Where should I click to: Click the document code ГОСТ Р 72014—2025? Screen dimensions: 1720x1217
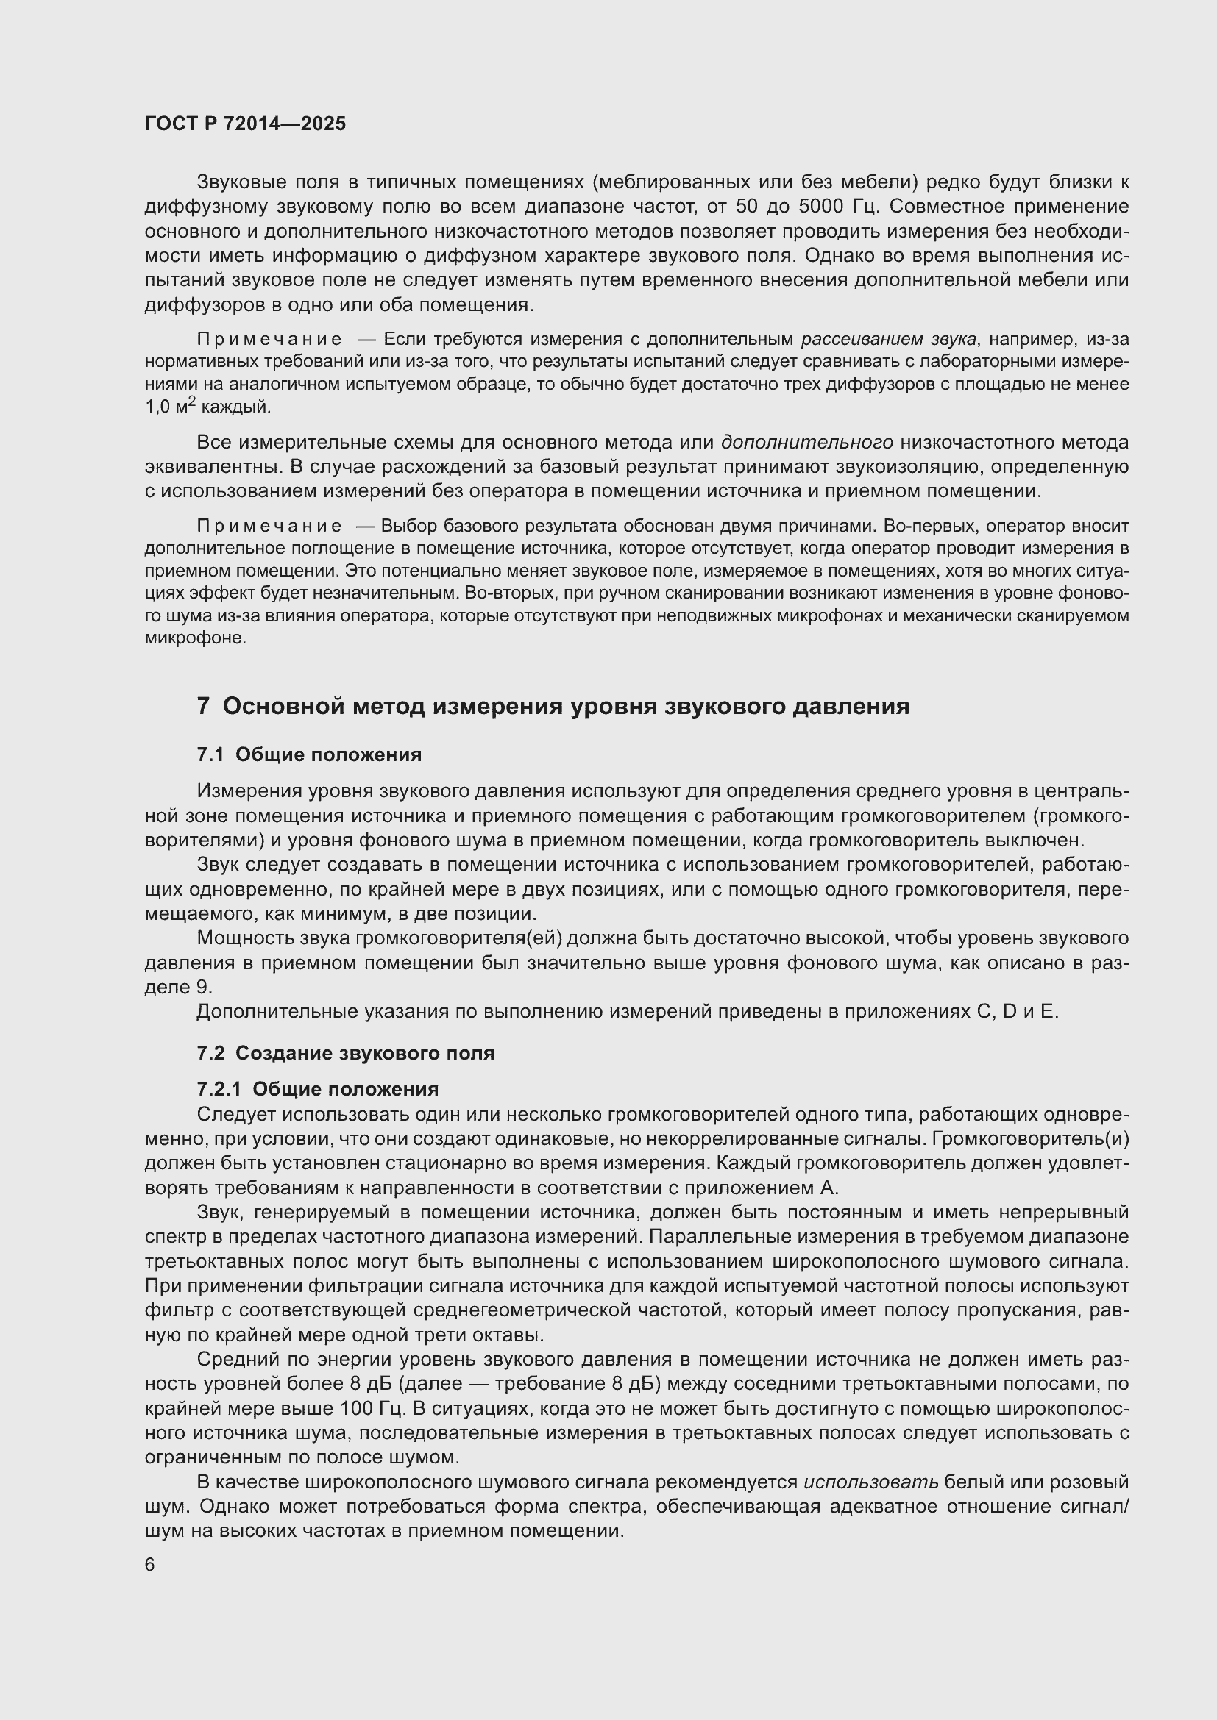click(x=245, y=124)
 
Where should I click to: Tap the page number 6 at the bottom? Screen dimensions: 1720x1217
click(x=150, y=1565)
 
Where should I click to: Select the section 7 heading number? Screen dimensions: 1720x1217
click(x=203, y=707)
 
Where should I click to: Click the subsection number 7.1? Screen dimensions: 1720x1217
click(x=210, y=755)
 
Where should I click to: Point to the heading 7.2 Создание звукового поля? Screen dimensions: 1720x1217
click(x=346, y=1053)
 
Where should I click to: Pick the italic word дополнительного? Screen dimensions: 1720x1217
click(x=807, y=443)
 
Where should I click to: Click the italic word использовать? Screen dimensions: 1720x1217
click(x=870, y=1482)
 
